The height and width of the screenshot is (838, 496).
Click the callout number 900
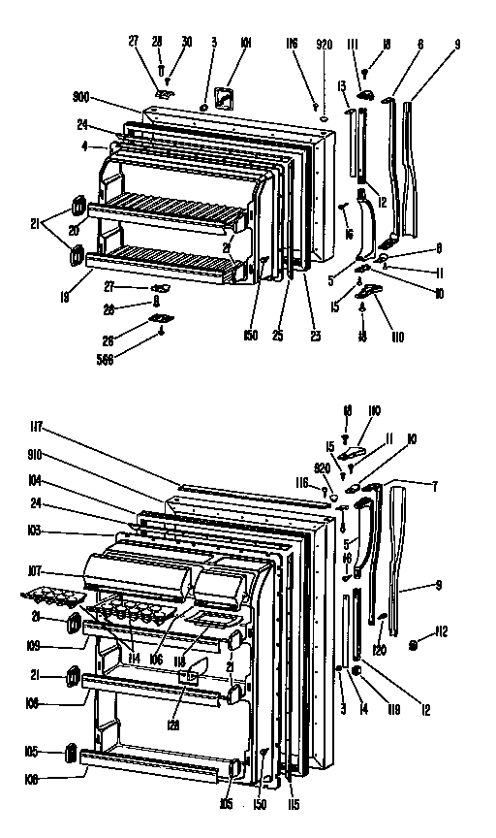80,97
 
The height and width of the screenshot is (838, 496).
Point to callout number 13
342,86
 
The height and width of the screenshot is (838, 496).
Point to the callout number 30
186,42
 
